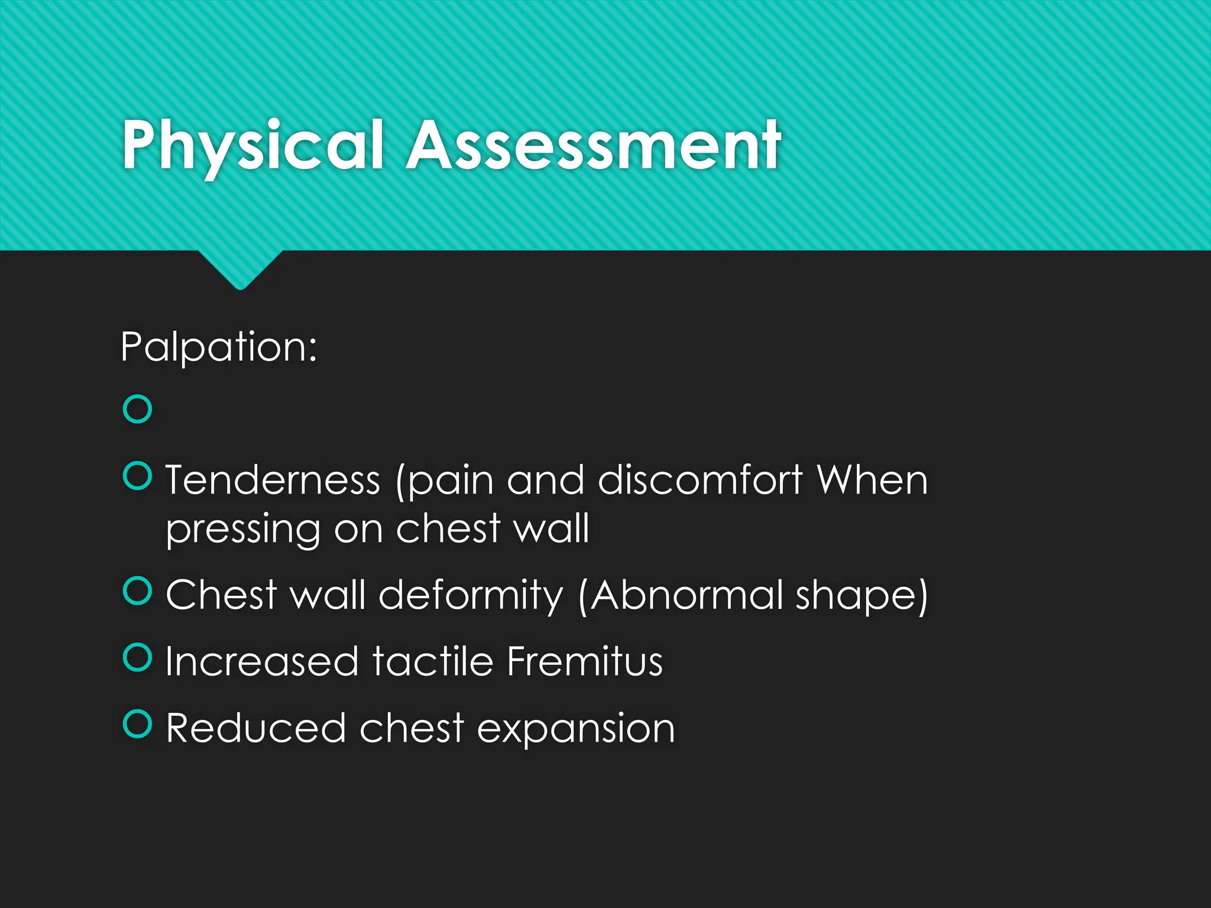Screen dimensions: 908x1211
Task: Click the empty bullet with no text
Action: (x=137, y=409)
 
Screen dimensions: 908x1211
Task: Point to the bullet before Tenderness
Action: (x=137, y=476)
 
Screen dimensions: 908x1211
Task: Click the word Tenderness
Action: (x=273, y=479)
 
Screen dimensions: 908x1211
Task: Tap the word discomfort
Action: (x=700, y=479)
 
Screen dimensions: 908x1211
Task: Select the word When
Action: (x=872, y=479)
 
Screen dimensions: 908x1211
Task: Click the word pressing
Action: (x=243, y=529)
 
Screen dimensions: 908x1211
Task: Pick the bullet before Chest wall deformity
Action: (x=137, y=591)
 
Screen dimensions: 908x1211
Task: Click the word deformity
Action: (x=471, y=595)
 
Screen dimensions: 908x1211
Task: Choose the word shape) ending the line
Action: (x=862, y=596)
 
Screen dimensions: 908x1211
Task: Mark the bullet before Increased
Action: (x=137, y=657)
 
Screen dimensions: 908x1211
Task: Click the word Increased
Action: (x=262, y=661)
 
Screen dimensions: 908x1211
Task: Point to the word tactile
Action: (x=433, y=661)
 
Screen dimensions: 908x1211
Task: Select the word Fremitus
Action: (x=585, y=661)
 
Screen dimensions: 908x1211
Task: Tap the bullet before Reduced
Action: (x=137, y=724)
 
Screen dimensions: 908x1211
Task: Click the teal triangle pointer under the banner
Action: (x=240, y=269)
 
